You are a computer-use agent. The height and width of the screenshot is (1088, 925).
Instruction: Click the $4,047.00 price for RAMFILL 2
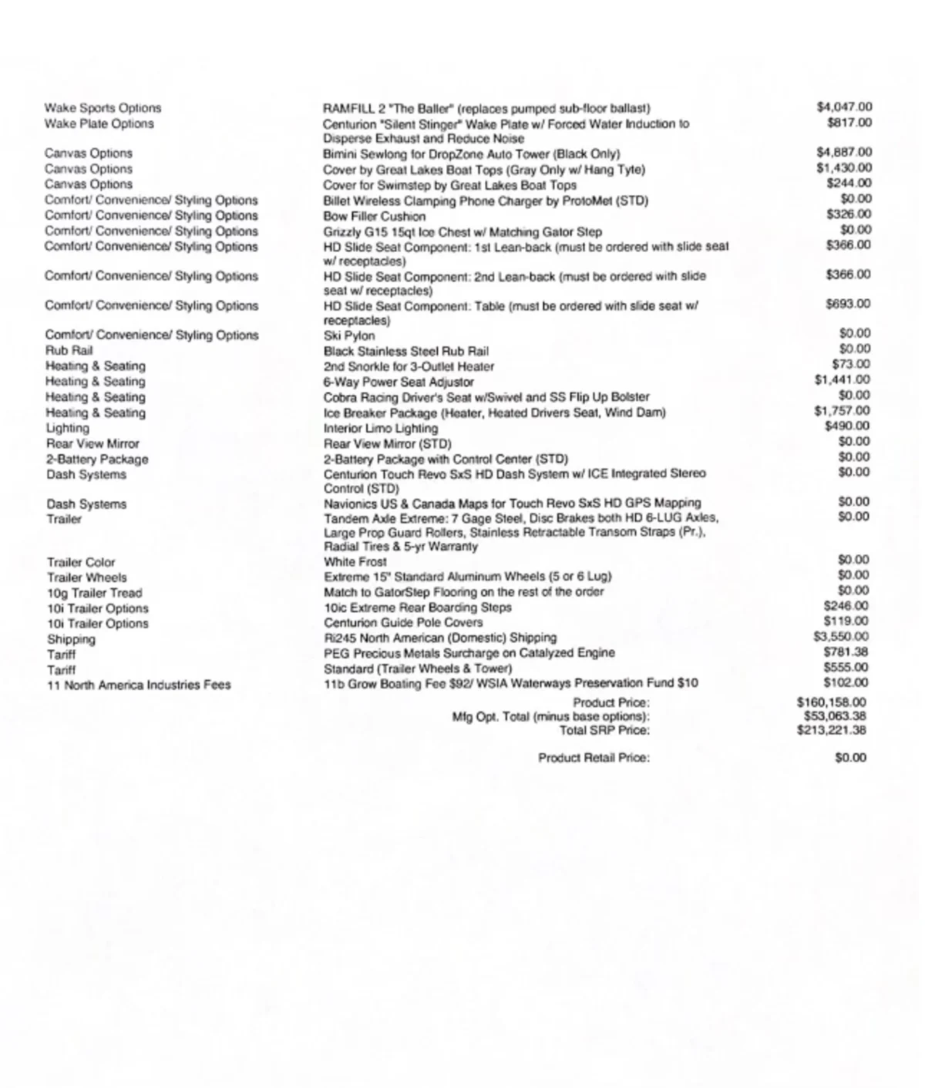844,107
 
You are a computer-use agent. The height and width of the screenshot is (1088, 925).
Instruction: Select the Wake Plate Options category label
99,123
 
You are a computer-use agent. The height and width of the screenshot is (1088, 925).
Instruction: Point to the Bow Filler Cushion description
374,216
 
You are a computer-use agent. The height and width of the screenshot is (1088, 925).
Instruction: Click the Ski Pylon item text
349,336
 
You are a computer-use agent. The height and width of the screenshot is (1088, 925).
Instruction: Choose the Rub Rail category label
69,350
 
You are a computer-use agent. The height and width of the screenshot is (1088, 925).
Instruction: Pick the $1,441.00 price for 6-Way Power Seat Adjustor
842,380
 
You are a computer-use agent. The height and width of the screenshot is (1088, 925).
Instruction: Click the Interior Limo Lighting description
380,428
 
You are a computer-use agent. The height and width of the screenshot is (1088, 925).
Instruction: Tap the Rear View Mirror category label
92,443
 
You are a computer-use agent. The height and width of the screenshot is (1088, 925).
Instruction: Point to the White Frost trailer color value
355,562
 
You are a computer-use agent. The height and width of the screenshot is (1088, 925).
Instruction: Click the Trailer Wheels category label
87,577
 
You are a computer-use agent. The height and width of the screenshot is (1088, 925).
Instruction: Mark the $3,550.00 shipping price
841,637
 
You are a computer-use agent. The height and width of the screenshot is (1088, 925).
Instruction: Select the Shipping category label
71,639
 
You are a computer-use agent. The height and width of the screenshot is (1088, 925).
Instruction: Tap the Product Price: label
611,703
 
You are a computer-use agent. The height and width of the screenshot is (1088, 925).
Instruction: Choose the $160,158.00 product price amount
831,703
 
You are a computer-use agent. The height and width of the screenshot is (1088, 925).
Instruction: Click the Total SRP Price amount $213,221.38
831,730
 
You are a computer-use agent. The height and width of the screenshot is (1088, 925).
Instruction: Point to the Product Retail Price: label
594,757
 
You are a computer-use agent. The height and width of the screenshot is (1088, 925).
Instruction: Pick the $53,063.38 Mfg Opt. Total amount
834,716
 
